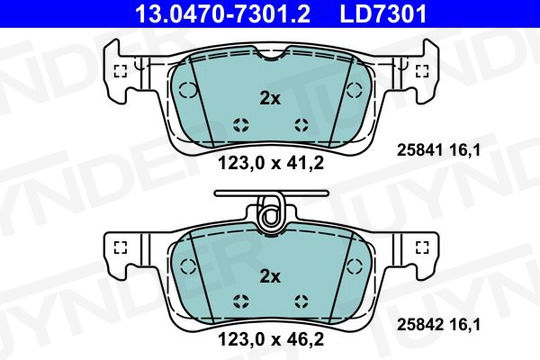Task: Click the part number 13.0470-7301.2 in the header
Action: click(x=223, y=14)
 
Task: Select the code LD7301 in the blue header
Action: click(x=383, y=14)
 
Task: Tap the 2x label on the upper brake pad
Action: click(x=270, y=99)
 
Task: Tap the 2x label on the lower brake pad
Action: click(x=270, y=276)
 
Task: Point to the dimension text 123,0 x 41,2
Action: click(x=271, y=163)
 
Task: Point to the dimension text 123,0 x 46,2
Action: click(x=271, y=340)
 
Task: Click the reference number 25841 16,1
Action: click(x=438, y=150)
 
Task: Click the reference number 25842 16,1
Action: click(x=438, y=325)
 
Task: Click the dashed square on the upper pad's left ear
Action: click(x=120, y=71)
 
